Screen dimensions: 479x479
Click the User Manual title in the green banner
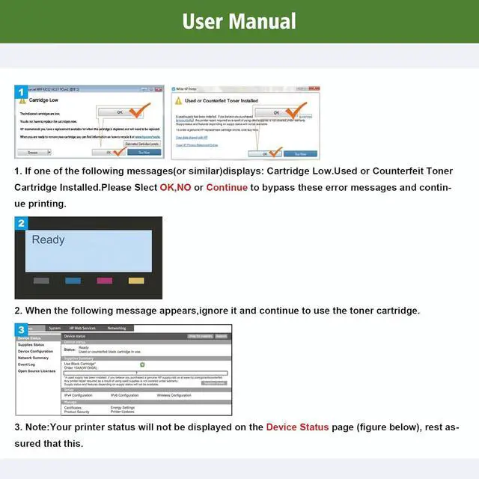coord(239,21)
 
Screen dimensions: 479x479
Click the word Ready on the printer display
coord(48,239)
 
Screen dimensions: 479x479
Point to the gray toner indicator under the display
coord(41,281)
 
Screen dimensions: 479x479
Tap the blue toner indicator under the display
coord(73,281)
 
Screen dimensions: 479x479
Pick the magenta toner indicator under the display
coord(105,281)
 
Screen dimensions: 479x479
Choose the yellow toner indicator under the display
coord(136,281)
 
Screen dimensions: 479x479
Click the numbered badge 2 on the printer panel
coord(22,222)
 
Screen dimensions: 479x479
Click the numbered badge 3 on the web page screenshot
coord(22,329)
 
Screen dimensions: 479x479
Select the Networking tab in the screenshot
coord(117,328)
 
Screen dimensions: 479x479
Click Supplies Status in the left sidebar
coord(31,344)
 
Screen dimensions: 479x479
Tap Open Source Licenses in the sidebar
coord(37,370)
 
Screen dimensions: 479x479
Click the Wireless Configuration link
coord(174,394)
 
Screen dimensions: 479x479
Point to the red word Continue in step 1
coord(226,187)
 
